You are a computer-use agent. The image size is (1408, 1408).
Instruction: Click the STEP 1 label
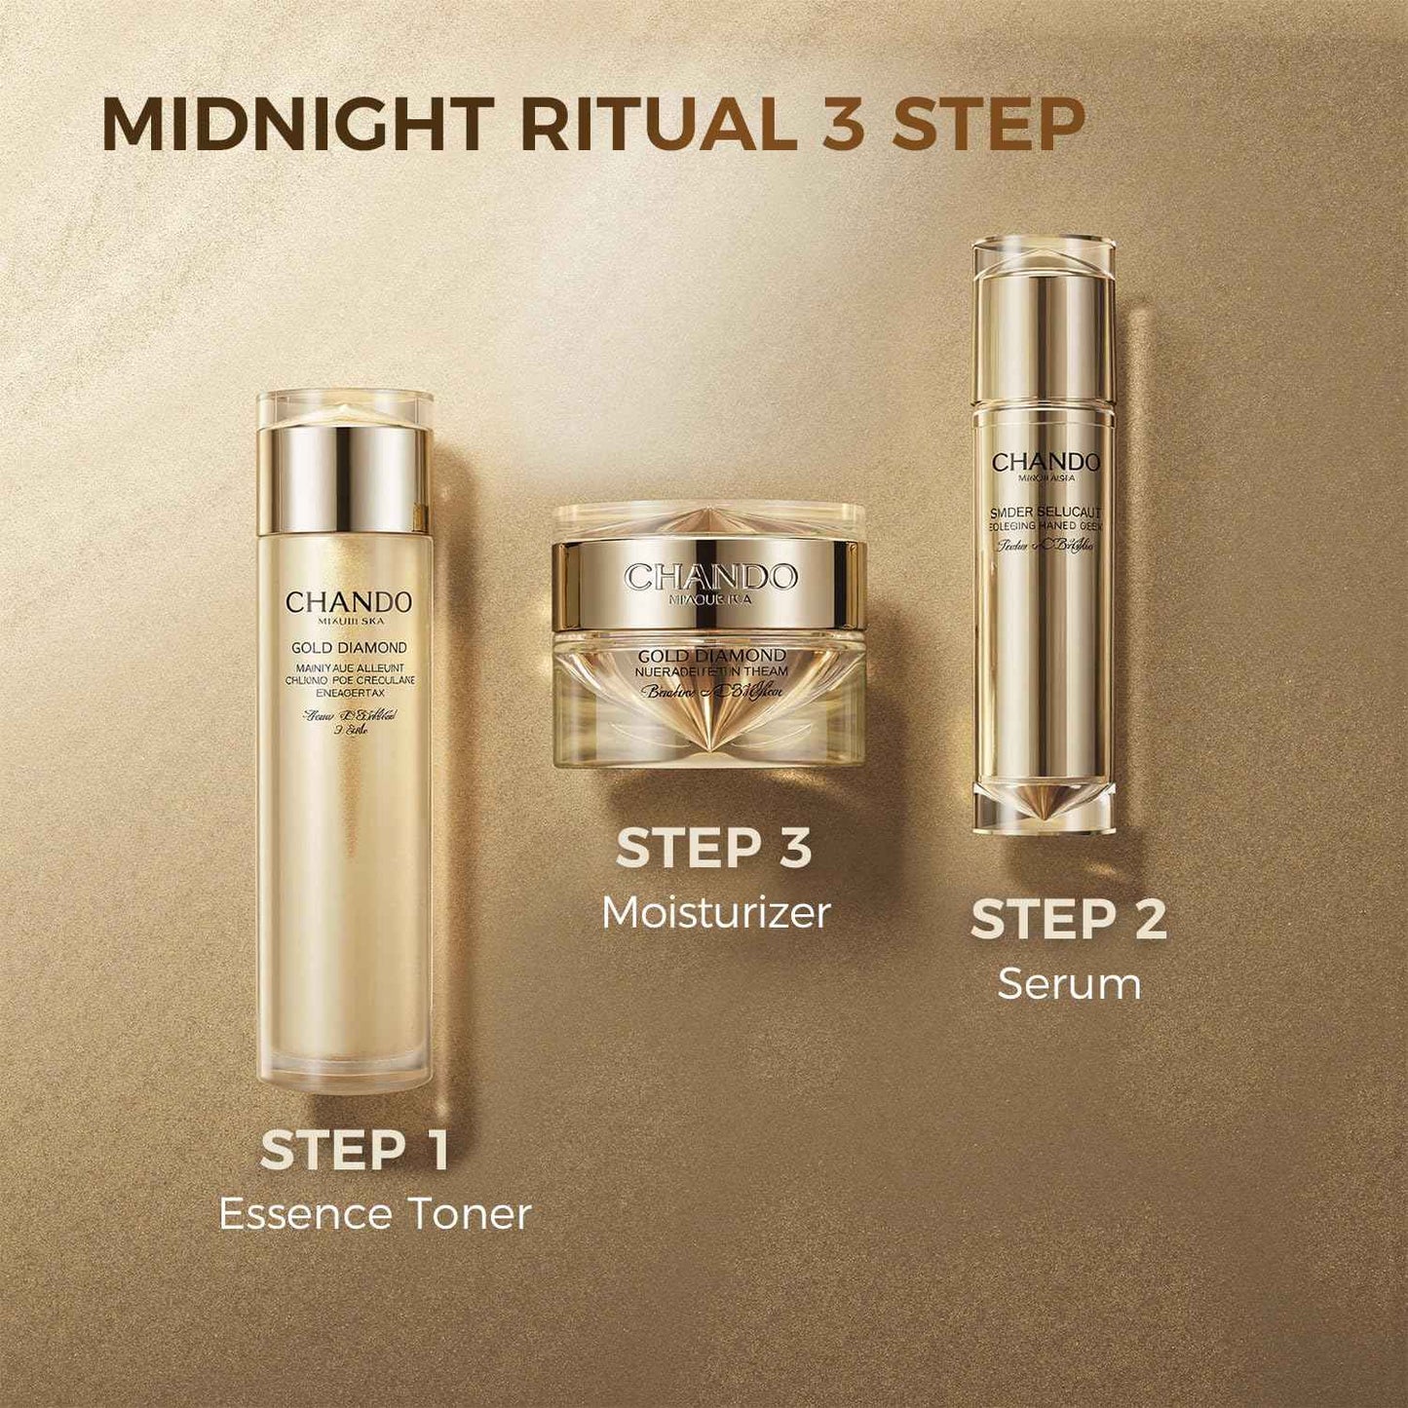[x=355, y=1150]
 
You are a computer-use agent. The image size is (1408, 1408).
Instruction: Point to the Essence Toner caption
[x=375, y=1214]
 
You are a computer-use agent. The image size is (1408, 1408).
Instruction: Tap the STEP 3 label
[x=714, y=848]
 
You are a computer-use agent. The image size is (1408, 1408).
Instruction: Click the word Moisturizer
[x=716, y=913]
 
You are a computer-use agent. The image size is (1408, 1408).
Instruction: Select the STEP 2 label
[x=1069, y=920]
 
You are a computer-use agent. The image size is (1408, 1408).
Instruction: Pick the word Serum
[x=1069, y=984]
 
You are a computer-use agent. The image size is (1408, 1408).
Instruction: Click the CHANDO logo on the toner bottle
[x=349, y=602]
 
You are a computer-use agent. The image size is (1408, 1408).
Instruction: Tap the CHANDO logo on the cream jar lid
[x=710, y=577]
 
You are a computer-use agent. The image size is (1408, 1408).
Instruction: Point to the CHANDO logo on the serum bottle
[x=1046, y=463]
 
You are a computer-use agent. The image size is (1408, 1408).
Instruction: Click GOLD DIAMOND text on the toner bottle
[x=349, y=648]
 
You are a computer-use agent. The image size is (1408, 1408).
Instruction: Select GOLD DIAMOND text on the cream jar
[x=711, y=656]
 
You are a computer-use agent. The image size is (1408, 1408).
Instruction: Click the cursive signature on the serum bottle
[x=1046, y=547]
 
